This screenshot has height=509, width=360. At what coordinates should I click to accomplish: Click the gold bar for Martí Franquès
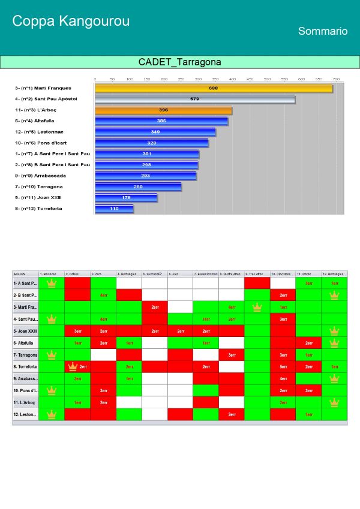coord(213,88)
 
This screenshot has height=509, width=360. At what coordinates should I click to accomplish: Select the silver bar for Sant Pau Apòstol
coord(194,99)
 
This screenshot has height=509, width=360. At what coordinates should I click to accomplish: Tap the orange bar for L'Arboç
coord(163,110)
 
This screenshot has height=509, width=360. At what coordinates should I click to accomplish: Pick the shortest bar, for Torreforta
coord(114,209)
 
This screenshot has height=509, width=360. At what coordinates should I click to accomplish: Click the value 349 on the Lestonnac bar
coord(155,132)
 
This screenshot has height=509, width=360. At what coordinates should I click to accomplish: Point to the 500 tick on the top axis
coord(284,79)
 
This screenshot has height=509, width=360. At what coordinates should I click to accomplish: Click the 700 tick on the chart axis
coord(336,79)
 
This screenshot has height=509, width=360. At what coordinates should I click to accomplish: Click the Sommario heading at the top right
coord(323,31)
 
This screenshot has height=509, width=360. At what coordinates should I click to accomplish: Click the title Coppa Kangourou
coord(71,22)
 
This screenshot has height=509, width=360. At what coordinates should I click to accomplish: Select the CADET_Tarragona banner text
coord(179,62)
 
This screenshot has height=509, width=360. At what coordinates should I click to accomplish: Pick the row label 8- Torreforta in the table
coord(25,366)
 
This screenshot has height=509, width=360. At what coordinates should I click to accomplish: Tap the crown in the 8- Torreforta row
coord(73,366)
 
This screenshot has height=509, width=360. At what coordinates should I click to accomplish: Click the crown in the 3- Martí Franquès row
coord(257,307)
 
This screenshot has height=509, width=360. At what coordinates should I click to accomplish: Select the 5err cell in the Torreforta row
coord(283,366)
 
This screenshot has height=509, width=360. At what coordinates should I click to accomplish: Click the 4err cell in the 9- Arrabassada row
coord(283,378)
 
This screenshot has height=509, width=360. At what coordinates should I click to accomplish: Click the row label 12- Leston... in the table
coord(25,414)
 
